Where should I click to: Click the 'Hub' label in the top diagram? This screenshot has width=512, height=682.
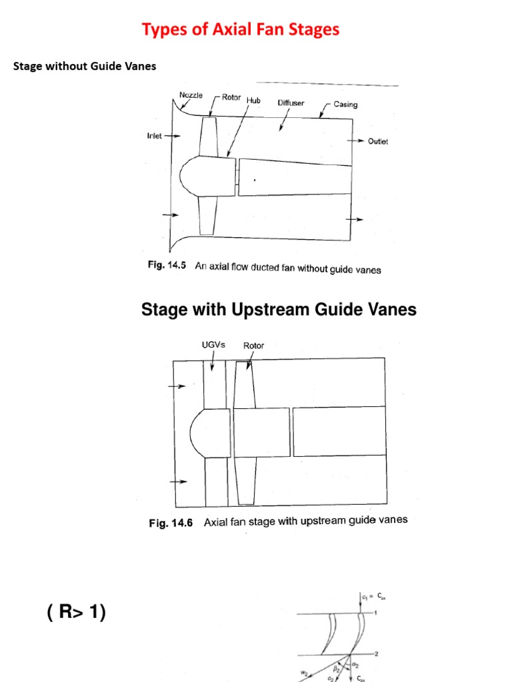tap(253, 100)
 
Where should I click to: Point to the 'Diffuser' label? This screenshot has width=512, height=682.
tap(291, 103)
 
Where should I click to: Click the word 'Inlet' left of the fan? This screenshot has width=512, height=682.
tap(154, 136)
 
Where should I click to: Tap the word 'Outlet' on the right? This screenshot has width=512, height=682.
tap(378, 141)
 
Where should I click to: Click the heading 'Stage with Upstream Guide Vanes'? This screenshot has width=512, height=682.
tap(279, 310)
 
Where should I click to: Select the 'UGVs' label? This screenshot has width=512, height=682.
tap(213, 345)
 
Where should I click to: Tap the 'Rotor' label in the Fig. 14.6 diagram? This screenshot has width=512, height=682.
tap(253, 346)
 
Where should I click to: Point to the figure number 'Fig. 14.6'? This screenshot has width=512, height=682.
tap(171, 523)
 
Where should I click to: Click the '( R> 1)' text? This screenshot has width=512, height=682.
tap(77, 612)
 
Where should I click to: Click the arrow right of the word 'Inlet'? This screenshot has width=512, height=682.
tap(173, 136)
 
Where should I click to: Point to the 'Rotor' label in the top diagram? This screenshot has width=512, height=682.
tap(231, 97)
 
